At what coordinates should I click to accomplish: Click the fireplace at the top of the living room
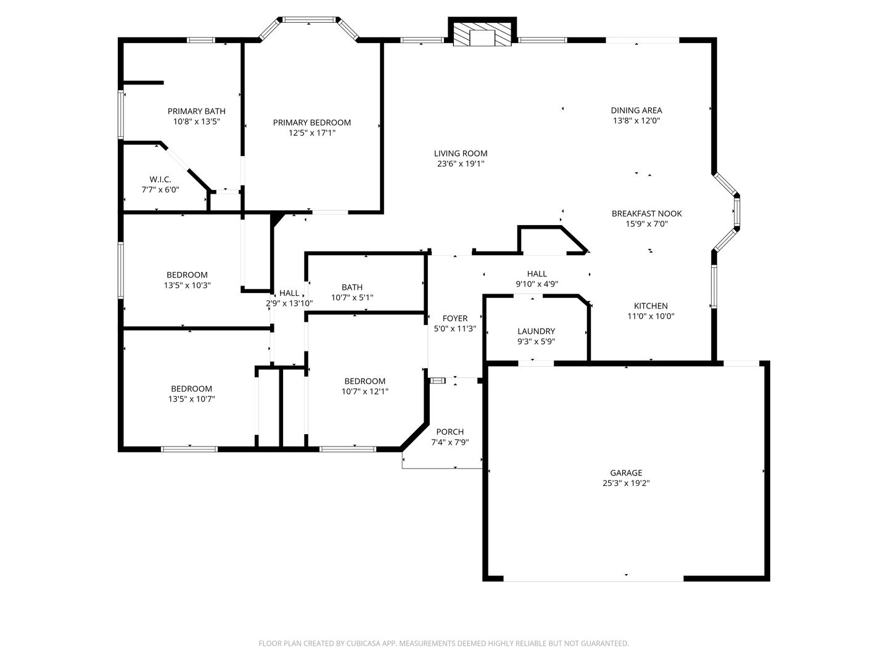pos(482,31)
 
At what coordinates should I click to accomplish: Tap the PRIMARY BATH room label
pos(197,111)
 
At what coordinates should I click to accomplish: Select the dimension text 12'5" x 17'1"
pos(312,133)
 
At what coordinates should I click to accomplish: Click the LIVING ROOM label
pos(461,154)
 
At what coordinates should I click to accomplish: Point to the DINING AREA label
pos(636,110)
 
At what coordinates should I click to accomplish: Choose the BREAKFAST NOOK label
pos(646,213)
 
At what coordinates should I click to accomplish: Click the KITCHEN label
pos(651,306)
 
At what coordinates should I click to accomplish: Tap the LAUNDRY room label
pos(536,331)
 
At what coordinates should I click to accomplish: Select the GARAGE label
pos(626,473)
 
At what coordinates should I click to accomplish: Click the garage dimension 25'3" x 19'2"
pos(626,483)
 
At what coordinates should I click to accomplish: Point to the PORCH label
pos(450,432)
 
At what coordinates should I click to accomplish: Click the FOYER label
pos(454,319)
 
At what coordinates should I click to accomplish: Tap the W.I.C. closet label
pos(160,179)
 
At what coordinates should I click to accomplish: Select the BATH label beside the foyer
pos(352,287)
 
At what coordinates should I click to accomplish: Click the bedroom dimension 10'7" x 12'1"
pos(365,392)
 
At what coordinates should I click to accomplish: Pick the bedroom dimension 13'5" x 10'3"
pos(187,286)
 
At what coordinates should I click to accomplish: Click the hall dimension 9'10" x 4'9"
pos(537,284)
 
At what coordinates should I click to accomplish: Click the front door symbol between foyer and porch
pos(437,380)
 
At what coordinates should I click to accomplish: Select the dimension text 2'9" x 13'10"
pos(289,303)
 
